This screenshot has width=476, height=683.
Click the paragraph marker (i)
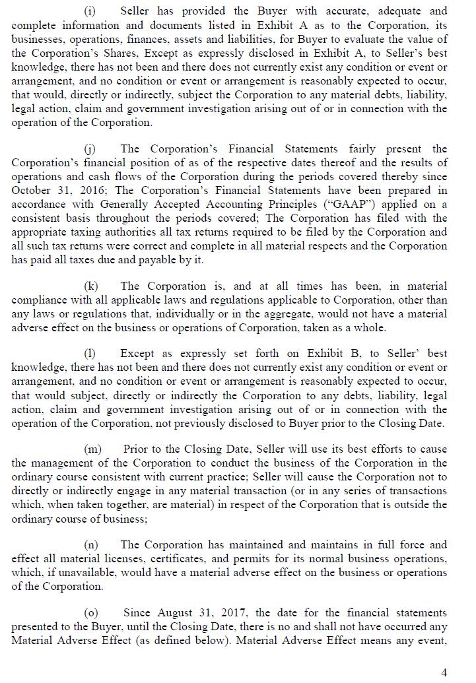pyautogui.click(x=90, y=11)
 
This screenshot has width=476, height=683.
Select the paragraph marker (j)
pyautogui.click(x=90, y=148)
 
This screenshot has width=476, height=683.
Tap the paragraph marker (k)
pyautogui.click(x=91, y=286)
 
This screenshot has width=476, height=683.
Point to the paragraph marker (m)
pyautogui.click(x=92, y=449)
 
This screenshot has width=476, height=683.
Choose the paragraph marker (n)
pyautogui.click(x=91, y=544)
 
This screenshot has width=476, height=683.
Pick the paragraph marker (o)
pyautogui.click(x=91, y=613)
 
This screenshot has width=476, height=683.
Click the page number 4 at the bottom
pyautogui.click(x=444, y=672)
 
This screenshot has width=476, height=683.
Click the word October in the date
pyautogui.click(x=31, y=190)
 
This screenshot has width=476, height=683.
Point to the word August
pyautogui.click(x=174, y=613)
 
